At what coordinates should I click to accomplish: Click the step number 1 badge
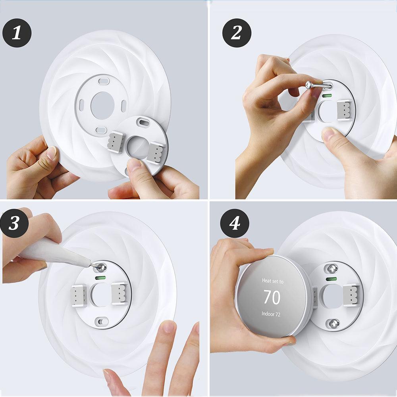pos(17,33)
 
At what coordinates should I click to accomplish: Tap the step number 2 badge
pos(237,33)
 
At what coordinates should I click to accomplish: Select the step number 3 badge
pos(14,223)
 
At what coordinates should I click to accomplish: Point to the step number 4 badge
pos(235,223)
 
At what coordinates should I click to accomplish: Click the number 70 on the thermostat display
pos(272,297)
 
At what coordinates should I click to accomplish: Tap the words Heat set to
pos(273,281)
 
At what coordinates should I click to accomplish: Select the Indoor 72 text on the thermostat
pos(271,314)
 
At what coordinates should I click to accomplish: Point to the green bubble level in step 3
pos(100,278)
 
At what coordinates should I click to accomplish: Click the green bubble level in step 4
pos(331,279)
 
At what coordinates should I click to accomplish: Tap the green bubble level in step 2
pos(327,96)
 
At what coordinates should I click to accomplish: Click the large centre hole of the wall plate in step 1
pos(102,105)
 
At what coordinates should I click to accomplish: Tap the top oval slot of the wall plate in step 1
pos(104,81)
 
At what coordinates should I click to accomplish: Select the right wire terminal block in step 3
pos(120,293)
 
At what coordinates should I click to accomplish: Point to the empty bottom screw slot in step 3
pos(102,322)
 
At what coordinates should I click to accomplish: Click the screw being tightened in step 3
pos(101,266)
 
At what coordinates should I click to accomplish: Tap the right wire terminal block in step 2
pos(344,110)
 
